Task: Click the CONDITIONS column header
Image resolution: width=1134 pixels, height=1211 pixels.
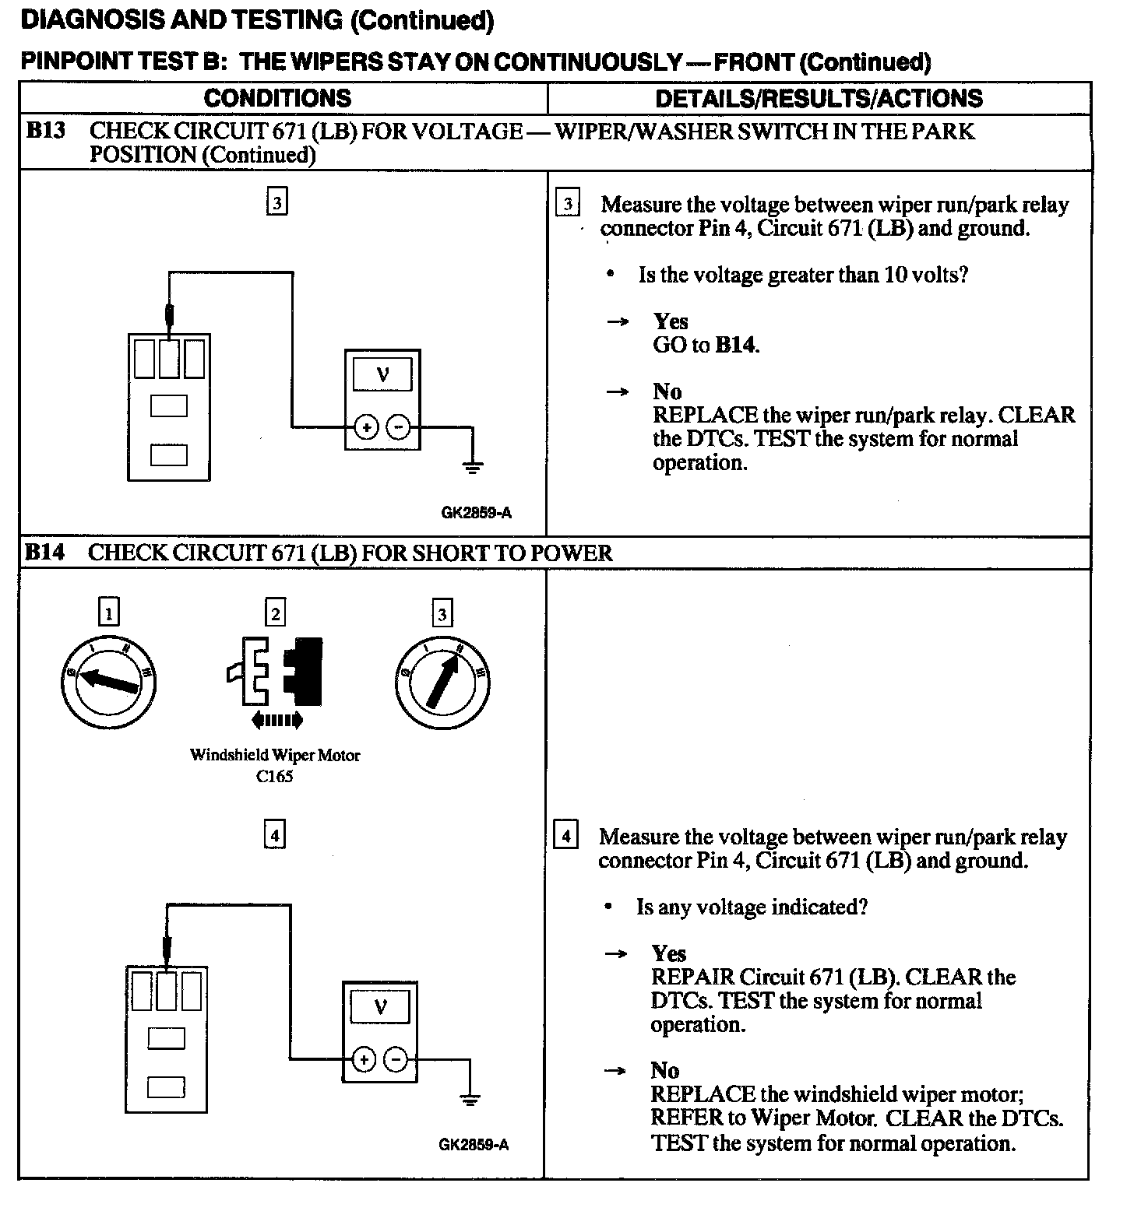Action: tap(277, 98)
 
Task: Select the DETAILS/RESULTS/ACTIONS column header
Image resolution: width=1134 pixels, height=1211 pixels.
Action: tap(819, 98)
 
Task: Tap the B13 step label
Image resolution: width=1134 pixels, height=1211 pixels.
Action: tap(45, 130)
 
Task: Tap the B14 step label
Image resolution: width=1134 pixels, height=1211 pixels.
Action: tap(44, 553)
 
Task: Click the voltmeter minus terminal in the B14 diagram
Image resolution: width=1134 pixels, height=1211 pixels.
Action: tap(396, 1058)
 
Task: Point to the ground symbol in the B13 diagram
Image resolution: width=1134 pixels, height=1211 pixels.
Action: tap(472, 466)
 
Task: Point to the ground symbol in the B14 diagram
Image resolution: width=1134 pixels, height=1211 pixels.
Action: tap(470, 1098)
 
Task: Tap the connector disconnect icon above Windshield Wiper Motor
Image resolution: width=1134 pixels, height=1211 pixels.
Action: tap(276, 669)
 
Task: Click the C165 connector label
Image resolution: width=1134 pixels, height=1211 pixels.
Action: tap(274, 776)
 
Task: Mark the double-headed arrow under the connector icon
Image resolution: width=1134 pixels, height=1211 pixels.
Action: tap(276, 721)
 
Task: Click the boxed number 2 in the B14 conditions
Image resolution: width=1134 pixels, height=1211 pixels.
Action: tap(275, 613)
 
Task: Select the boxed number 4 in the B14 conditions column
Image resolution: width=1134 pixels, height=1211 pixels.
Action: tap(275, 835)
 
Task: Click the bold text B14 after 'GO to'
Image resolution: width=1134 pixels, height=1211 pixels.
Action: tap(735, 345)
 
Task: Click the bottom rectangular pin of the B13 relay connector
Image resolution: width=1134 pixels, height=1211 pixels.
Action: tap(168, 454)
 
